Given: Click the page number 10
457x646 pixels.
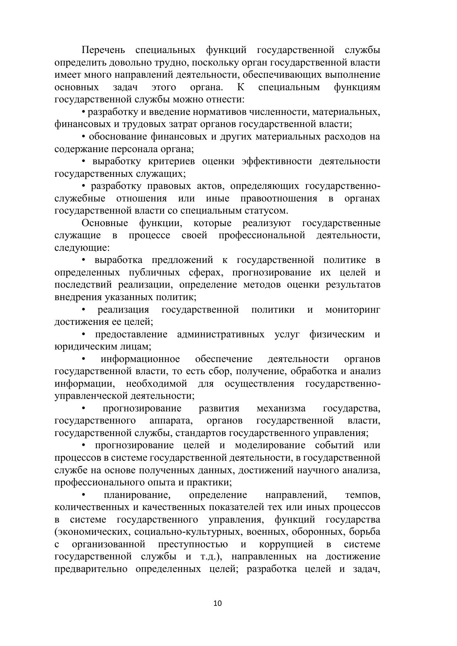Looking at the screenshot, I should coord(217,603).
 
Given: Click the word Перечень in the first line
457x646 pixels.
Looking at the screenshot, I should coord(103,50).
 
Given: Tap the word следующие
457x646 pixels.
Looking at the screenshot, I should coord(82,248).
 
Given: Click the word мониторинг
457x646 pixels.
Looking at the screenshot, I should coord(352,310).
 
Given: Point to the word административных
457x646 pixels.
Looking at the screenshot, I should coord(221,334).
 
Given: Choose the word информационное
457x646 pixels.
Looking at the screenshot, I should coord(140,359).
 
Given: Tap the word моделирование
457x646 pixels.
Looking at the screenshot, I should coord(270,445).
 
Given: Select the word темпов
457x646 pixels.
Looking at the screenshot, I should coord(363,495).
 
